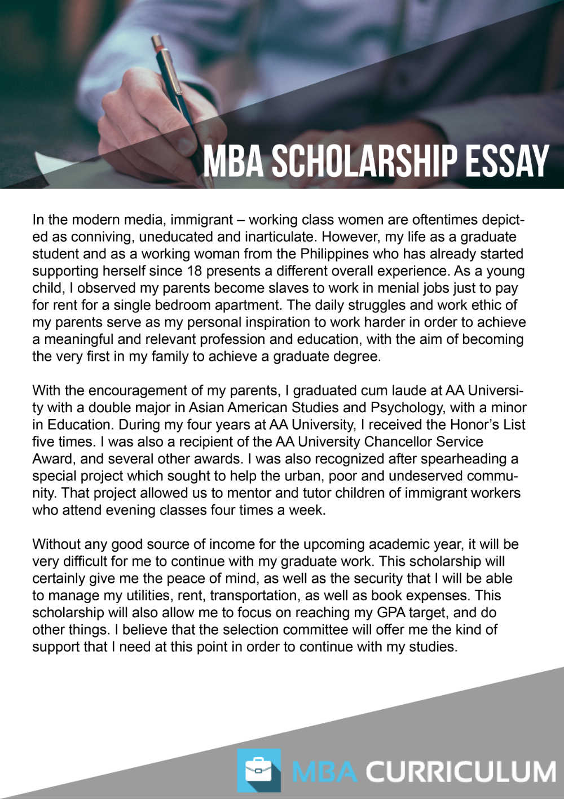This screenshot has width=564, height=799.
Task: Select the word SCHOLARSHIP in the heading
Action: tap(364, 161)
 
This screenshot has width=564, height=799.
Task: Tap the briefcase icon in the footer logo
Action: tap(259, 770)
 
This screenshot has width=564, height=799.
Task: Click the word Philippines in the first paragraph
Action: tap(335, 254)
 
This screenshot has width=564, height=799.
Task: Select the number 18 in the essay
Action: tap(194, 271)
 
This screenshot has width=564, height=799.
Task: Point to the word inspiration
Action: tap(268, 322)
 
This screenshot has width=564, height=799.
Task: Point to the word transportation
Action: tap(253, 596)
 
